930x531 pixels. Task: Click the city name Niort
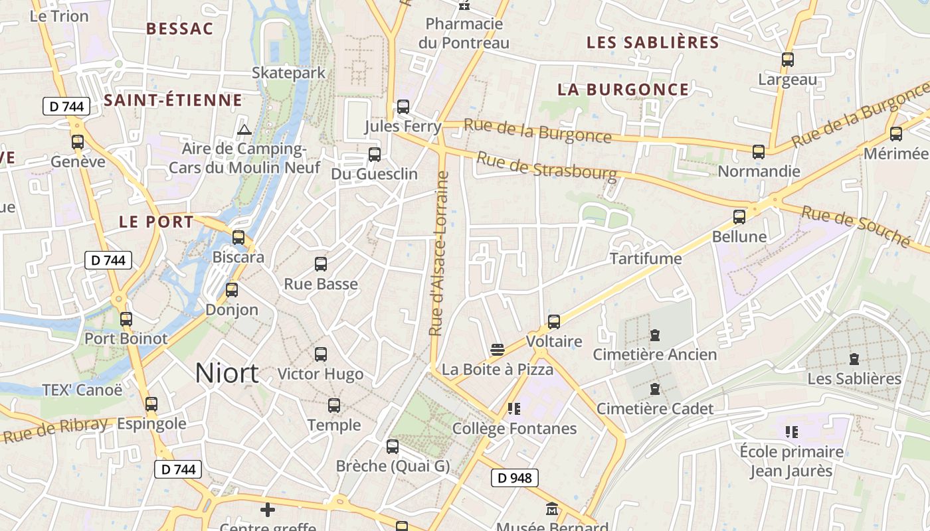click(x=227, y=373)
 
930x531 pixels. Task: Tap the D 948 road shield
click(x=514, y=477)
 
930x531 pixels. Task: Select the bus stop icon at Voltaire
click(x=554, y=322)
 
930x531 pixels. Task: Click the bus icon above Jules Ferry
click(x=403, y=106)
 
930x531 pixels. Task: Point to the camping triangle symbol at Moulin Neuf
click(x=244, y=129)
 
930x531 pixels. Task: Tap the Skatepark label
click(x=288, y=72)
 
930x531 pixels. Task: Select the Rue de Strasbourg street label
click(x=547, y=167)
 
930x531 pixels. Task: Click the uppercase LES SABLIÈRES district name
click(x=652, y=42)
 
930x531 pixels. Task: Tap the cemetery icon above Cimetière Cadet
click(x=655, y=388)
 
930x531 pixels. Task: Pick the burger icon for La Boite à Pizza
click(x=497, y=349)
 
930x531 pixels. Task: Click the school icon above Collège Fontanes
click(x=513, y=408)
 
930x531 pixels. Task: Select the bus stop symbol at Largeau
click(x=788, y=59)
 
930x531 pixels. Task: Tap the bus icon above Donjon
click(x=231, y=289)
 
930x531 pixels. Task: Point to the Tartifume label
click(x=646, y=258)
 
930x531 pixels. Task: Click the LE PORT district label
click(x=156, y=222)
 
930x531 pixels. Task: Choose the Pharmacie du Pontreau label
click(x=464, y=33)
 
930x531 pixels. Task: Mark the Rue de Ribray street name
click(x=55, y=430)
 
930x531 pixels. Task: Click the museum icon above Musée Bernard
click(x=551, y=509)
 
